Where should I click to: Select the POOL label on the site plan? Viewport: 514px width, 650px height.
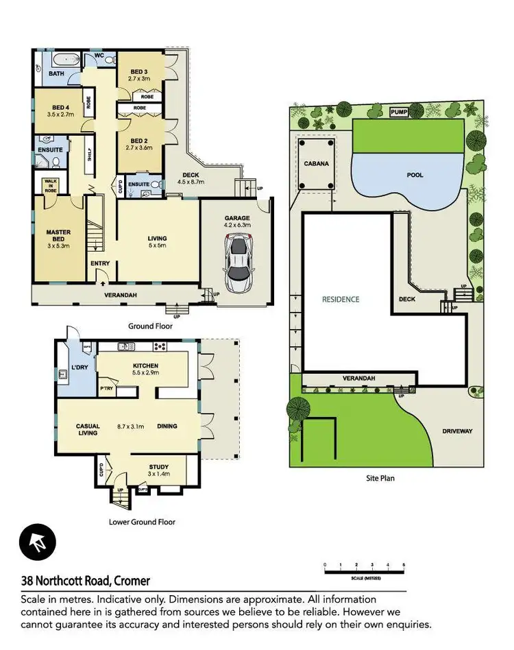tap(415, 175)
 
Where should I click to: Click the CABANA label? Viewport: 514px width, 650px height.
tap(316, 164)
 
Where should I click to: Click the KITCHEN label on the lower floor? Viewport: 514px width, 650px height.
tap(146, 365)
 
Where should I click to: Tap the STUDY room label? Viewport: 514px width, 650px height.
tap(158, 467)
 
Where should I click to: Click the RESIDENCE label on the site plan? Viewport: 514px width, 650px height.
tap(341, 299)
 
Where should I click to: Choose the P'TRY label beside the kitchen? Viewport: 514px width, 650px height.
tap(106, 389)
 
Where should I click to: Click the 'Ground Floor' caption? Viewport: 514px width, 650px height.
tap(149, 326)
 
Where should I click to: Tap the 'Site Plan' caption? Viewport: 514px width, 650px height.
tap(380, 478)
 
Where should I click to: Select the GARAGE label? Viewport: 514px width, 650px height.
tap(236, 219)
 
